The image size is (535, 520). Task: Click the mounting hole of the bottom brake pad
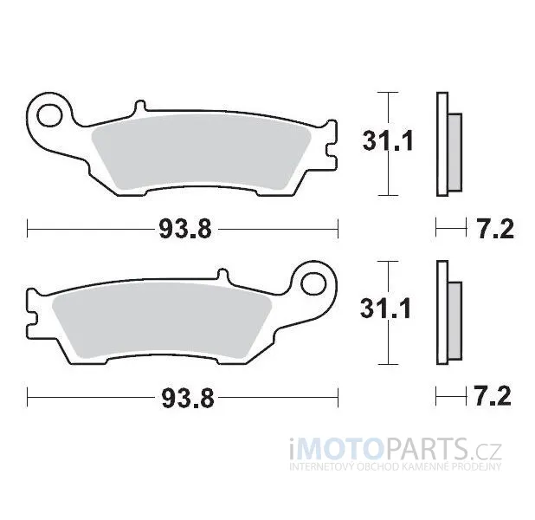pos(314,284)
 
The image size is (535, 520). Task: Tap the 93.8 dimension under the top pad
pos(185,229)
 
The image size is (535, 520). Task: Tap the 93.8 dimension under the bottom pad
pos(188,398)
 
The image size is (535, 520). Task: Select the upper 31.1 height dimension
pos(388,140)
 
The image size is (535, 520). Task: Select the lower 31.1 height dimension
pos(385,309)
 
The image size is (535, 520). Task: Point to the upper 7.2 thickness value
pos(494,229)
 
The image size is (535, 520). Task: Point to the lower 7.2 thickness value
pos(493,396)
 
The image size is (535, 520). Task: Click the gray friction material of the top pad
pos(202,153)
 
